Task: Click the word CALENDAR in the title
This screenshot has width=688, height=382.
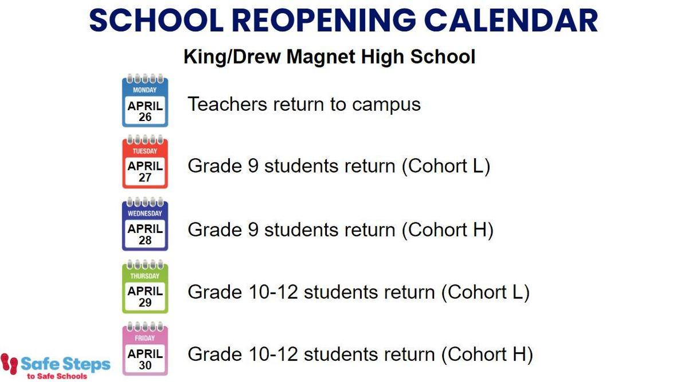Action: coord(513,20)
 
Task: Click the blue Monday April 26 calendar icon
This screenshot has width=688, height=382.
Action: coord(145,100)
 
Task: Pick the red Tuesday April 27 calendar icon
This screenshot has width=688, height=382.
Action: coord(145,161)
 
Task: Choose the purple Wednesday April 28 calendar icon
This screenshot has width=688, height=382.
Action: coord(145,224)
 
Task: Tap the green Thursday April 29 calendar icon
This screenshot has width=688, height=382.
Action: coord(145,286)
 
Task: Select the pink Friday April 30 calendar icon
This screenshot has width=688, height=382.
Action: coord(145,348)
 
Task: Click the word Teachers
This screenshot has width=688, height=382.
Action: coord(227,104)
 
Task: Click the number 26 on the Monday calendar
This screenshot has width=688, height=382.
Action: coord(145,117)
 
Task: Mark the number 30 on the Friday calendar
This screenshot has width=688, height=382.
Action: coord(145,365)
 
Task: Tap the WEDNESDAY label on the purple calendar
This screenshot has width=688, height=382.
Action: coord(145,213)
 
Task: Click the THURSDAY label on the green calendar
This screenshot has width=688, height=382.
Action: coord(145,276)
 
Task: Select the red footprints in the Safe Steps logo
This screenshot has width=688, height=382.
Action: coord(9,364)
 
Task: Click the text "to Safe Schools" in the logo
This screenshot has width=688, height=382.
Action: coord(57,376)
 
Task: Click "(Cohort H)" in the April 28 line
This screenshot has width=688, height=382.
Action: coord(448,230)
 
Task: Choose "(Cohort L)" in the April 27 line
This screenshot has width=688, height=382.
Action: coord(446,166)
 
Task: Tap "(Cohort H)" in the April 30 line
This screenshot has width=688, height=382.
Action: coord(487,354)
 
